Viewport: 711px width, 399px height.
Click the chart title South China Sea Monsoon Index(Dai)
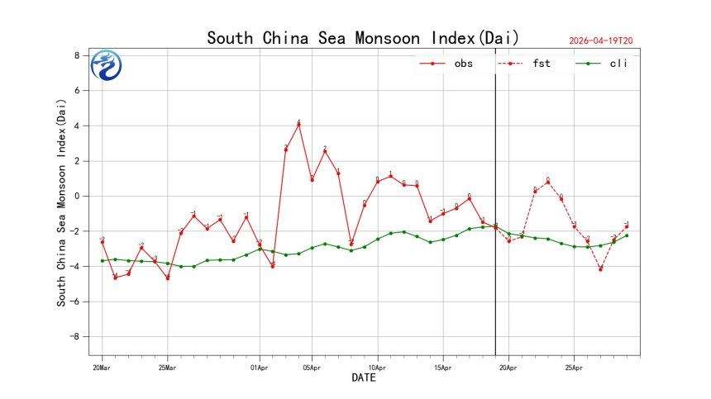coord(363,38)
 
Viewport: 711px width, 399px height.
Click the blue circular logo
coord(107,65)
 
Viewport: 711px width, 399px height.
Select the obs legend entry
coord(463,64)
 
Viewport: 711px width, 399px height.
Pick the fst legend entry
coord(542,64)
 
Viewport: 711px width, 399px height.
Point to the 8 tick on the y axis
coord(77,55)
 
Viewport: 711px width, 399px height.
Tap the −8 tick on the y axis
coord(74,337)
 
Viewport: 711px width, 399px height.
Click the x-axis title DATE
coord(364,378)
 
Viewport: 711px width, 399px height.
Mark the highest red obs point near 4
coord(298,124)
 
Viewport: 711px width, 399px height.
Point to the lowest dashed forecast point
coord(600,269)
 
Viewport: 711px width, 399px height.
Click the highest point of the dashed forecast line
coord(548,182)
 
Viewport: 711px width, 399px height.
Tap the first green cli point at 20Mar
coord(103,261)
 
